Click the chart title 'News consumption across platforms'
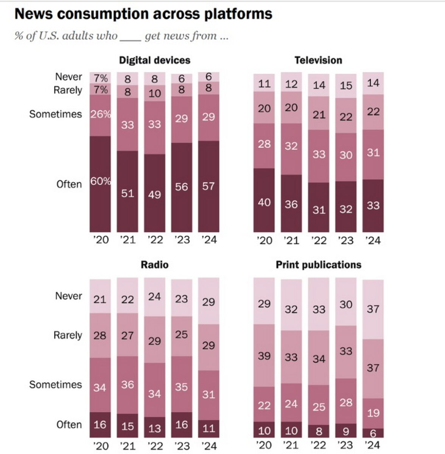pyautogui.click(x=143, y=14)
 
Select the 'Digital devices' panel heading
pyautogui.click(x=154, y=60)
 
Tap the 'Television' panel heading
pyautogui.click(x=318, y=60)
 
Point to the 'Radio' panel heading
pyautogui.click(x=154, y=264)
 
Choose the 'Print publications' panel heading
pyautogui.click(x=318, y=264)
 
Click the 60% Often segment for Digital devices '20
pyautogui.click(x=100, y=184)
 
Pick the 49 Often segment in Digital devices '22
pyautogui.click(x=154, y=193)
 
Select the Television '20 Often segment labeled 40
pyautogui.click(x=264, y=200)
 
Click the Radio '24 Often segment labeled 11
pyautogui.click(x=208, y=429)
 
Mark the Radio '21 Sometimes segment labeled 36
pyautogui.click(x=128, y=385)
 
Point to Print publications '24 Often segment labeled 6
pyautogui.click(x=373, y=433)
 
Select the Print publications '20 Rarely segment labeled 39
pyautogui.click(x=264, y=355)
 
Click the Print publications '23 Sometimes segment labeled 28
pyautogui.click(x=346, y=401)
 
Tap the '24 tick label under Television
pyautogui.click(x=372, y=240)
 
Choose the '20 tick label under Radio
pyautogui.click(x=100, y=446)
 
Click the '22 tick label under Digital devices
pyautogui.click(x=154, y=239)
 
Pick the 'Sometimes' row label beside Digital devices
pyautogui.click(x=55, y=114)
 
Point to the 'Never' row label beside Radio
pyautogui.click(x=68, y=296)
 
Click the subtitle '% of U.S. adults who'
pyautogui.click(x=67, y=36)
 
